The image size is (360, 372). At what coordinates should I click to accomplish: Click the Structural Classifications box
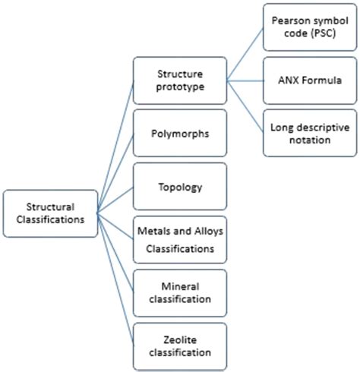tap(50, 213)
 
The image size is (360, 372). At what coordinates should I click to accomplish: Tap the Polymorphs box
tap(179, 134)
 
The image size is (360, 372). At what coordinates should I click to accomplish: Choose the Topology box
tap(179, 186)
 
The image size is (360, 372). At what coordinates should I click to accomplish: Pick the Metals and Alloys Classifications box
tap(179, 238)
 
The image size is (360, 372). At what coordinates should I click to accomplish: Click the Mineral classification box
tap(179, 292)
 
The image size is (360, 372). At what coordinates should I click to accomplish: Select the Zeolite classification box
tap(179, 345)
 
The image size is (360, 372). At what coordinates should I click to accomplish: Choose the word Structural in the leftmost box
tap(50, 205)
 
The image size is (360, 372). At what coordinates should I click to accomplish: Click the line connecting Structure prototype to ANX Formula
tap(245, 80)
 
